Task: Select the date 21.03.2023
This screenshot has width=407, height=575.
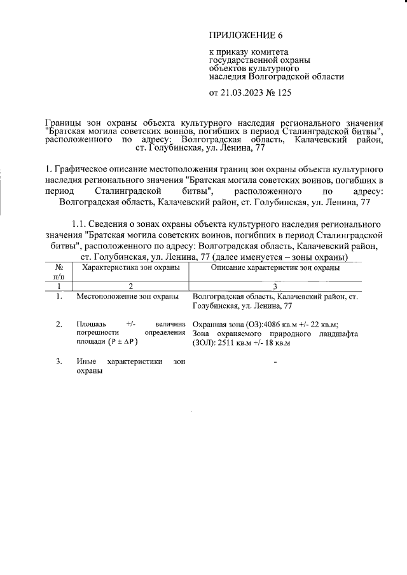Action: pyautogui.click(x=245, y=93)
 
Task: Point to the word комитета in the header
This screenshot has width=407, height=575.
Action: pyautogui.click(x=270, y=52)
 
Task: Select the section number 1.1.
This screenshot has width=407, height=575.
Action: pyautogui.click(x=79, y=224)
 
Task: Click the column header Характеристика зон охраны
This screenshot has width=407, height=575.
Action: pyautogui.click(x=127, y=268)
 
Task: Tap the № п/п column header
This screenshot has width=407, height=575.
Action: pyautogui.click(x=59, y=273)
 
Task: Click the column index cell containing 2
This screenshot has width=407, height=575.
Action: pyautogui.click(x=130, y=287)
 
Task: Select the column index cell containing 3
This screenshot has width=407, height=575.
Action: pyautogui.click(x=275, y=287)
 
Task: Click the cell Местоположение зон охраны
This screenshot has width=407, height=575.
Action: pyautogui.click(x=127, y=297)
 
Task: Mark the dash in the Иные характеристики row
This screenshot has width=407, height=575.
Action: pyautogui.click(x=275, y=362)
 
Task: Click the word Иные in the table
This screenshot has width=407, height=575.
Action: pyautogui.click(x=86, y=362)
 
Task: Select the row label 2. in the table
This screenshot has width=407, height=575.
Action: pyautogui.click(x=59, y=324)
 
